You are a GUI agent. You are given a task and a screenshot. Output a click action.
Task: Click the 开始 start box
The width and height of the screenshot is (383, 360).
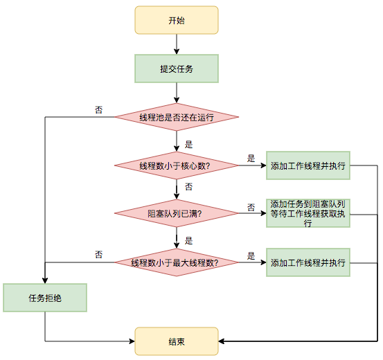tap(177, 20)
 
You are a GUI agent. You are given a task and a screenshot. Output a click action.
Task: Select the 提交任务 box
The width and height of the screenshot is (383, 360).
tap(177, 69)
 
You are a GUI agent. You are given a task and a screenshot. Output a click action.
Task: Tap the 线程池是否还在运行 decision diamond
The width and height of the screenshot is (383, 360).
tap(177, 117)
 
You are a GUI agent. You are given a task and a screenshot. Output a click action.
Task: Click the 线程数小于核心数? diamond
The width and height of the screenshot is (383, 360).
tap(177, 165)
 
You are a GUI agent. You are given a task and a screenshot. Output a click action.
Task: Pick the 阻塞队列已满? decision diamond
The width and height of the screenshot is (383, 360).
tap(177, 213)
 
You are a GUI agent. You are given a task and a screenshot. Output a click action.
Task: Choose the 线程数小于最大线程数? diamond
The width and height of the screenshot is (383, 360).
tap(177, 262)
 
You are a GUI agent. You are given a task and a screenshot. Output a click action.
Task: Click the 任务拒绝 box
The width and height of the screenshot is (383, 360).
tap(45, 298)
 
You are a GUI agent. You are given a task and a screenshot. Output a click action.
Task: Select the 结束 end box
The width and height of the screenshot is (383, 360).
tap(177, 341)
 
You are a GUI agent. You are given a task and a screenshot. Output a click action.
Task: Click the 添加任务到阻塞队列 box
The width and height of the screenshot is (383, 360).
tap(308, 213)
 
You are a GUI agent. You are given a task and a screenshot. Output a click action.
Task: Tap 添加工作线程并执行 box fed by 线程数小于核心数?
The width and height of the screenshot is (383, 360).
tap(308, 165)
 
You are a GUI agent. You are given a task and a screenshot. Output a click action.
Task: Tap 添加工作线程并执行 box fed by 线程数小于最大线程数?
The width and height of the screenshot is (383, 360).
tap(308, 262)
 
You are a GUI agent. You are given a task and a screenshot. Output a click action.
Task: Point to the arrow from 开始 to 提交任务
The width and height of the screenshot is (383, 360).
tap(177, 44)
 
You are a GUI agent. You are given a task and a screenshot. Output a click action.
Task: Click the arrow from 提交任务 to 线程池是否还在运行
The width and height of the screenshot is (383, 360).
tap(177, 93)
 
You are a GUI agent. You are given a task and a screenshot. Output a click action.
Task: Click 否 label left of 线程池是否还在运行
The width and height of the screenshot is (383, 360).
tap(98, 110)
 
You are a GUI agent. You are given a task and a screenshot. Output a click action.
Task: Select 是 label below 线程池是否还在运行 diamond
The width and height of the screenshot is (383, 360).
tap(188, 145)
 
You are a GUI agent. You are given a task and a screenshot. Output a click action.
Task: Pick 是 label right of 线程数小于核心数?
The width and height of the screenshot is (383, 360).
tap(251, 159)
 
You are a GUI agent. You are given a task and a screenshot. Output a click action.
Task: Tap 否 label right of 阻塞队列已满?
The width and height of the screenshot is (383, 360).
tap(251, 208)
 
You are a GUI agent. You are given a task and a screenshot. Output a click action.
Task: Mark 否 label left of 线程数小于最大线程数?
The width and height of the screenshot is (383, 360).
tap(98, 255)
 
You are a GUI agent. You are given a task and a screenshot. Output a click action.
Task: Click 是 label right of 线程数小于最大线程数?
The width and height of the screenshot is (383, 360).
tap(251, 256)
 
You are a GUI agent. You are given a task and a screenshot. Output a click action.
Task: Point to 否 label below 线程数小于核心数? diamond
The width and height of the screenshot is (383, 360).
tap(188, 187)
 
